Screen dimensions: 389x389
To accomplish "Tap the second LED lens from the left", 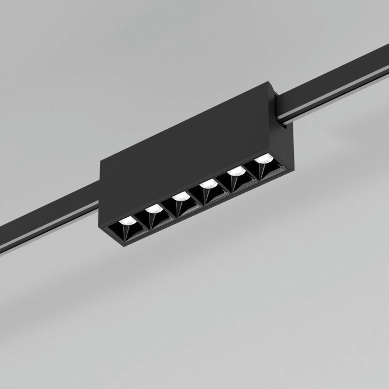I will (x=154, y=208).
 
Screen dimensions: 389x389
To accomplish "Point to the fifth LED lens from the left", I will (x=236, y=171).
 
